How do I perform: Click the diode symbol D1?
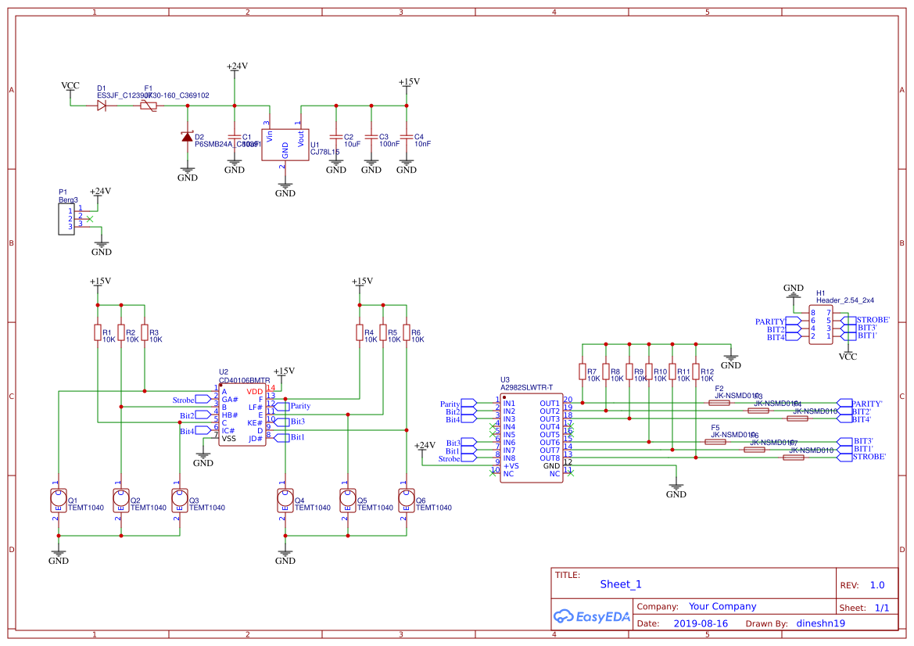coord(102,105)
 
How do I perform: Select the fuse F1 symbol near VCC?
coord(149,105)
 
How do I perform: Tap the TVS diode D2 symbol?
coord(187,137)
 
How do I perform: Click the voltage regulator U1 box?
coord(285,145)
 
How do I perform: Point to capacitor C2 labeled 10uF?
coord(336,139)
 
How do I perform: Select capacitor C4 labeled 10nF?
coord(406,139)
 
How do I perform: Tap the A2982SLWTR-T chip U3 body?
coord(531,438)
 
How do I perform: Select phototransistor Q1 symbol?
coord(58,499)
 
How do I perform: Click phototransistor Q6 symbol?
coord(406,499)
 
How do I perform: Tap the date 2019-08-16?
coord(700,624)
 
